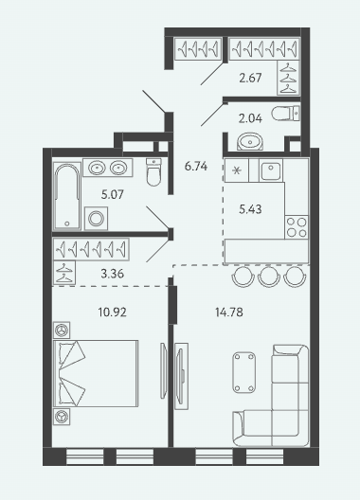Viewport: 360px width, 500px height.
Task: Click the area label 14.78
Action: click(x=229, y=312)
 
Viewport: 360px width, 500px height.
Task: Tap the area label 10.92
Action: click(x=113, y=312)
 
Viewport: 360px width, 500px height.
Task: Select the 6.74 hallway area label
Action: click(x=196, y=166)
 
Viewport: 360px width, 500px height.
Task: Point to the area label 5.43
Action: click(x=250, y=209)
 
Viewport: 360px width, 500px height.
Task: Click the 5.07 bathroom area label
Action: click(x=113, y=194)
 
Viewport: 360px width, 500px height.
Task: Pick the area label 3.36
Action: click(x=113, y=274)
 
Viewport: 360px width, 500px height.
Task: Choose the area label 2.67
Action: click(x=250, y=78)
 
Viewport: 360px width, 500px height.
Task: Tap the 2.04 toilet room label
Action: click(x=250, y=118)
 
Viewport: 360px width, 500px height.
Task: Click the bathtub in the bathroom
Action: click(x=67, y=196)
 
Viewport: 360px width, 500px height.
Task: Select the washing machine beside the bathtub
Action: click(x=96, y=219)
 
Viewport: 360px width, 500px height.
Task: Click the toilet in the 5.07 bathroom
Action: click(x=153, y=172)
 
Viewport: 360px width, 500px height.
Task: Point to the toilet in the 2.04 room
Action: click(x=286, y=114)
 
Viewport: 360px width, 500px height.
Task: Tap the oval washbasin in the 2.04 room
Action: click(x=250, y=141)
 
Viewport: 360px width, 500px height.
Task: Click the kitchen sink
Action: click(x=271, y=170)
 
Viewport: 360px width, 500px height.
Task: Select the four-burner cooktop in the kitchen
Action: click(x=297, y=227)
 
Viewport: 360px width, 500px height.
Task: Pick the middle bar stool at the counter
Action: click(x=269, y=277)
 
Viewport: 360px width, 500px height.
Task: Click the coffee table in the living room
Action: click(x=244, y=372)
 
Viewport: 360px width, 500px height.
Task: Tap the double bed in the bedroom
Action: click(x=96, y=373)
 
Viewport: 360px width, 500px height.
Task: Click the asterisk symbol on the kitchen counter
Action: click(x=237, y=170)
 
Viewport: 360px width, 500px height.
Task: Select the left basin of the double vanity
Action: click(x=97, y=168)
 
